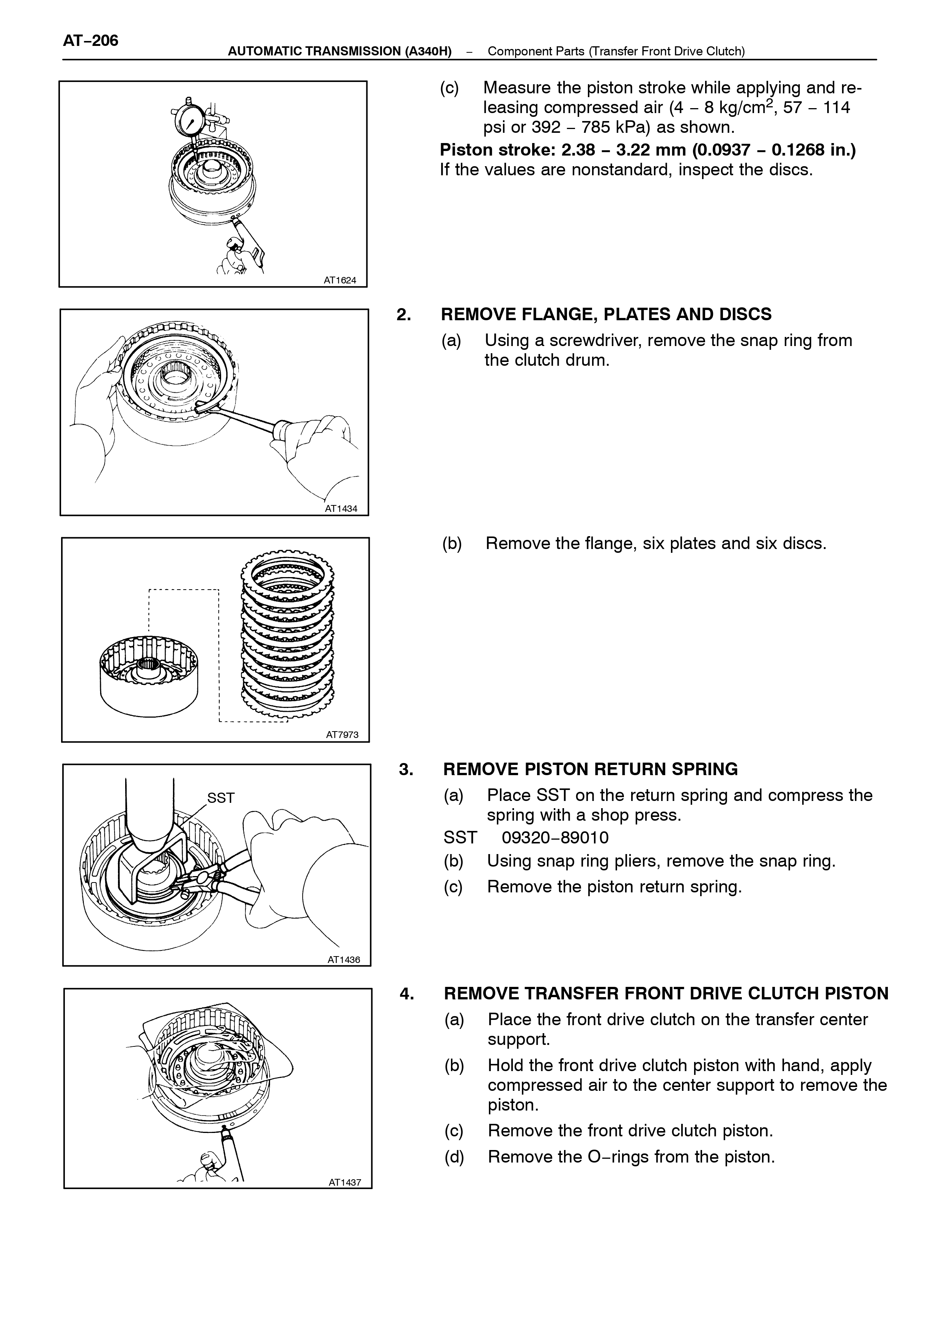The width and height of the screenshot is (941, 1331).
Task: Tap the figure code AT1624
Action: [x=340, y=280]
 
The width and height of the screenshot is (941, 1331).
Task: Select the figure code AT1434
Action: [x=341, y=509]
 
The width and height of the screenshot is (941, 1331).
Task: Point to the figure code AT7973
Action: [x=342, y=735]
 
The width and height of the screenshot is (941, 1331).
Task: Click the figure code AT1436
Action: [x=344, y=960]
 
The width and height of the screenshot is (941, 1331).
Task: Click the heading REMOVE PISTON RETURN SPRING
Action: [x=591, y=769]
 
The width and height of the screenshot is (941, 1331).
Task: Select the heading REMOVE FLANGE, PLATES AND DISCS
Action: [x=606, y=314]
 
